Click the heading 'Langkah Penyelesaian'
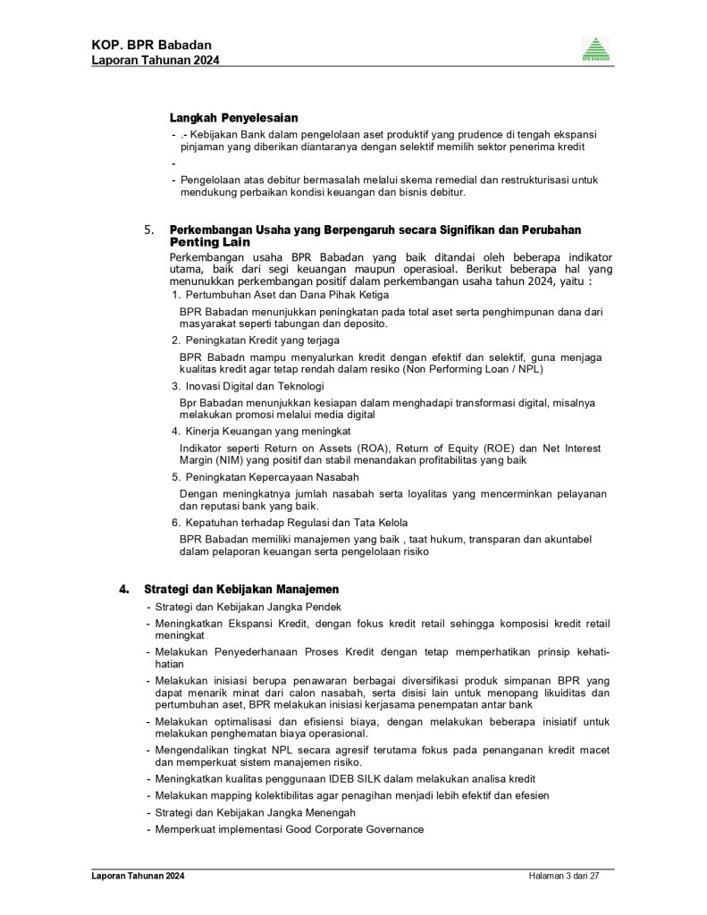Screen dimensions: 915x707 pyautogui.click(x=233, y=118)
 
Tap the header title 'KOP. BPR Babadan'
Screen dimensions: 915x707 pyautogui.click(x=151, y=45)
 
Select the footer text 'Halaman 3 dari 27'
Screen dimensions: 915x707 pyautogui.click(x=563, y=876)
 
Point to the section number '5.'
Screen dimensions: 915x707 pyautogui.click(x=150, y=230)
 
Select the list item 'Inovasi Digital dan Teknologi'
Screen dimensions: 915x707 pyautogui.click(x=254, y=386)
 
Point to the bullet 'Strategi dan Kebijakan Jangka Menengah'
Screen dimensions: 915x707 pyautogui.click(x=255, y=812)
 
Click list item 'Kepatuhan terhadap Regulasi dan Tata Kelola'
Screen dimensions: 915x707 pyautogui.click(x=293, y=522)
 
